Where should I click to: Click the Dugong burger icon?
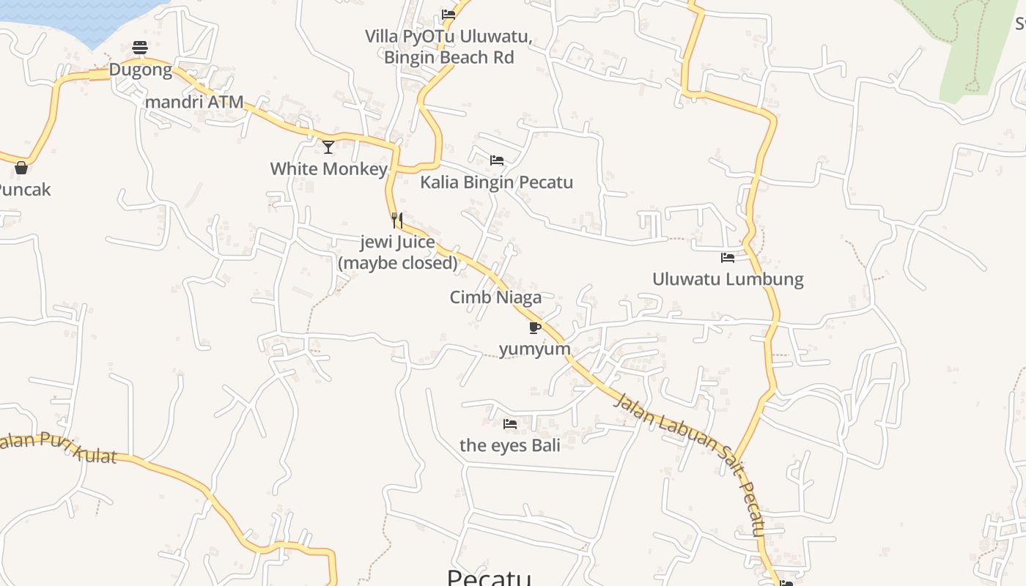tap(140, 48)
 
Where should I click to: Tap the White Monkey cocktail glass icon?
tap(328, 147)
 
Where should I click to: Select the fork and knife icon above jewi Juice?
tap(396, 220)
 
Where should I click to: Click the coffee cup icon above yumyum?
tap(534, 327)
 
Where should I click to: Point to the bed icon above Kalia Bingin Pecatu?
tap(497, 160)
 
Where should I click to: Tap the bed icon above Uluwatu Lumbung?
tap(728, 258)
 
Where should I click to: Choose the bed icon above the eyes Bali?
tap(510, 423)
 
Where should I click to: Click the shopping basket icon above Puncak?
tap(21, 168)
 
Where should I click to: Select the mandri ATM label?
tap(194, 102)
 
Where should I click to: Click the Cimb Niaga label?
tap(495, 297)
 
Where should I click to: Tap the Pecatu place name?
tap(489, 577)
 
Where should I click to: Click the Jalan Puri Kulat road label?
tap(59, 448)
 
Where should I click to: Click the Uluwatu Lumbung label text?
tap(728, 279)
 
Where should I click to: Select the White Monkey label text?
tap(328, 169)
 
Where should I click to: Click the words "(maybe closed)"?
tap(398, 262)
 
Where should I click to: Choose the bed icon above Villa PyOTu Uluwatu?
tap(449, 14)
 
